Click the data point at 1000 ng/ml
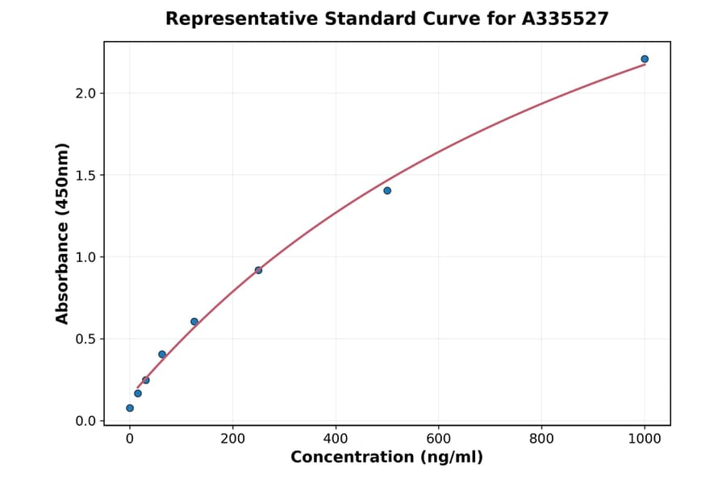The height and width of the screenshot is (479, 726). click(645, 59)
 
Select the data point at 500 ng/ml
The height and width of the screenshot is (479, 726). click(387, 190)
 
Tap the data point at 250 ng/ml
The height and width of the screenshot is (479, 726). click(258, 270)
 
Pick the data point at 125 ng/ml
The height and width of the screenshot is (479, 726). click(194, 322)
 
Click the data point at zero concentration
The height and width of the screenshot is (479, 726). click(130, 408)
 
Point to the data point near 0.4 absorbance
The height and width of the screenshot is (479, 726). click(162, 355)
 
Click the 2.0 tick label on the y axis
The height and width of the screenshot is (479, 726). click(86, 94)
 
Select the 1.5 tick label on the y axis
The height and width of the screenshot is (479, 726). click(86, 176)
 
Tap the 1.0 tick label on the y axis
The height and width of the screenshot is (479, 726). click(86, 257)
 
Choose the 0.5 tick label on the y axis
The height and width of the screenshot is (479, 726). click(86, 339)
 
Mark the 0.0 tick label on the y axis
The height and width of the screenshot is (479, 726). click(86, 421)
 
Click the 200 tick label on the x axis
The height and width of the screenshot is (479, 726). click(233, 439)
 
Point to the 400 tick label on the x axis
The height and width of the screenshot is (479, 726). click(336, 439)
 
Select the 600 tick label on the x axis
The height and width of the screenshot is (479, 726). click(439, 439)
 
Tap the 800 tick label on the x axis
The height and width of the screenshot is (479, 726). click(541, 439)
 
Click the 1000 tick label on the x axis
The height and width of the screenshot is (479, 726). click(645, 439)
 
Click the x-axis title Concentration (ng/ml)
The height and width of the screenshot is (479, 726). click(386, 458)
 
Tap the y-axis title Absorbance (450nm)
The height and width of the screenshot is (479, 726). click(63, 233)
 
